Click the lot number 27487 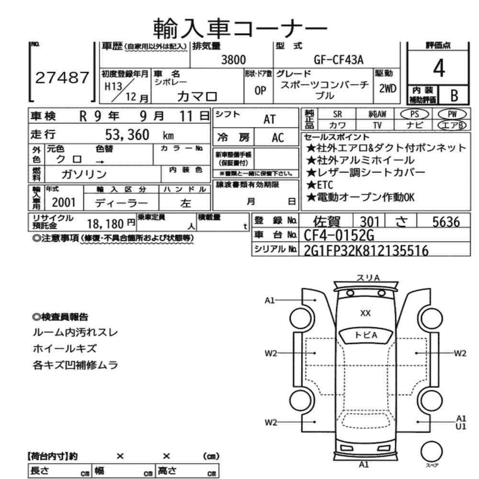[x=62, y=78]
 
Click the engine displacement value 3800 [x=233, y=60]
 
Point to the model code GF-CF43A [x=339, y=60]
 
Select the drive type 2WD [x=388, y=88]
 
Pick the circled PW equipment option [x=451, y=114]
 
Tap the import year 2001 [x=64, y=202]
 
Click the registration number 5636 [x=445, y=221]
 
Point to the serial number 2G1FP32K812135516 [x=366, y=251]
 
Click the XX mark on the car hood [x=365, y=313]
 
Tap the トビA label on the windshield [x=365, y=335]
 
